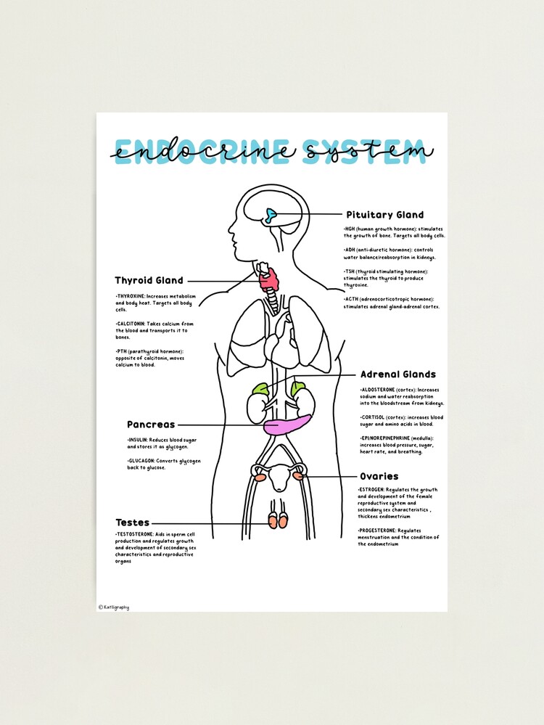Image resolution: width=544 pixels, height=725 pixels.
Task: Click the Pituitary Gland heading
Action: (384, 215)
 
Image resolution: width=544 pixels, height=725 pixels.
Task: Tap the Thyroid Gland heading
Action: (149, 280)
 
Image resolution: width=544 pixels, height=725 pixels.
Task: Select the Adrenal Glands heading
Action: (398, 374)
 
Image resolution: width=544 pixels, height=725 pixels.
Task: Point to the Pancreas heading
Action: (151, 425)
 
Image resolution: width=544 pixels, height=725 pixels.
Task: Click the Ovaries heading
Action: (379, 476)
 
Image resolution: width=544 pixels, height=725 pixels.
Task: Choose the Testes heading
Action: (132, 523)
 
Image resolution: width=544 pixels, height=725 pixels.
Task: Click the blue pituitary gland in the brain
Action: (271, 215)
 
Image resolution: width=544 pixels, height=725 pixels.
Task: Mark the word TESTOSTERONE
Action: (136, 534)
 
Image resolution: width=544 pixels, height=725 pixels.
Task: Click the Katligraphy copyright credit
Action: (115, 607)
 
